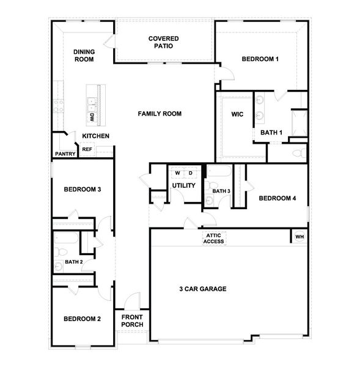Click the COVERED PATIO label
pyautogui.click(x=163, y=42)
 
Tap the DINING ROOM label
pyautogui.click(x=84, y=56)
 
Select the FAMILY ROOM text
pyautogui.click(x=160, y=114)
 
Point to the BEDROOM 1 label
pyautogui.click(x=260, y=59)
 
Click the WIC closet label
pyautogui.click(x=238, y=114)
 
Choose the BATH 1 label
pyautogui.click(x=271, y=132)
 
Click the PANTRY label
pyautogui.click(x=65, y=154)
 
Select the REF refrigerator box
pyautogui.click(x=87, y=149)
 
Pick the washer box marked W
pyautogui.click(x=177, y=172)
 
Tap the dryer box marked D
pyautogui.click(x=190, y=172)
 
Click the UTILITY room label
pyautogui.click(x=184, y=185)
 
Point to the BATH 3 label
pyautogui.click(x=221, y=191)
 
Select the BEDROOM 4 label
pyautogui.click(x=277, y=198)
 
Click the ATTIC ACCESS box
pyautogui.click(x=214, y=239)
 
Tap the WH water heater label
pyautogui.click(x=299, y=237)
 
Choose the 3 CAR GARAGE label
pyautogui.click(x=203, y=289)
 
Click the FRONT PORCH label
pyautogui.click(x=133, y=321)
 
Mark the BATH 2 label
pyautogui.click(x=73, y=262)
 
